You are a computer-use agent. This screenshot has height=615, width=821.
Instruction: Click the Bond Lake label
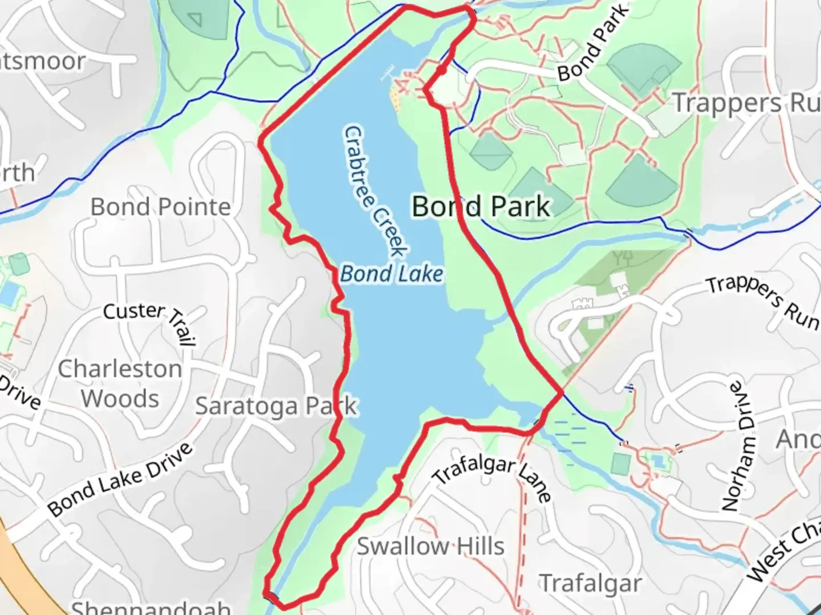(x=392, y=274)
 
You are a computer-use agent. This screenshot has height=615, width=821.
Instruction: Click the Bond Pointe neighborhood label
(x=161, y=207)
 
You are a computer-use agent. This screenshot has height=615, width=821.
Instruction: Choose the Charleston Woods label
(x=120, y=384)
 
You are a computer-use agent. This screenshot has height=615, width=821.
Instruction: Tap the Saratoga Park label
(x=276, y=406)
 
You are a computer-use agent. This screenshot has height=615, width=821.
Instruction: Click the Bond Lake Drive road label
(x=120, y=479)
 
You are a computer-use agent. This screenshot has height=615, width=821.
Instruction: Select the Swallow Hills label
(x=430, y=546)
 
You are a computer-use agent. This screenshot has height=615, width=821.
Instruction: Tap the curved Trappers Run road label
(x=763, y=302)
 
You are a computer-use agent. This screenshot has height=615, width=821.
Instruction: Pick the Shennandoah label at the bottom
(x=151, y=607)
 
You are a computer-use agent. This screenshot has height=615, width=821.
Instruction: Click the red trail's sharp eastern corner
(x=561, y=392)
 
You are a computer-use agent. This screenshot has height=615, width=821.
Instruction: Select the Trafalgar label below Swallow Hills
(x=590, y=584)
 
